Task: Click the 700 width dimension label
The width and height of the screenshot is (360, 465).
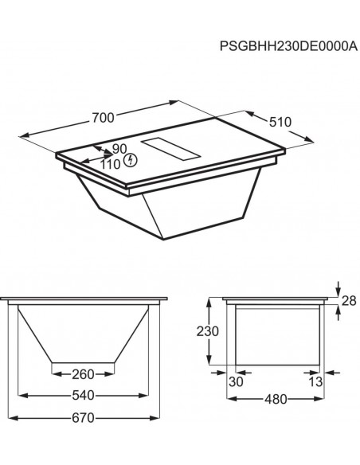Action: click(103, 117)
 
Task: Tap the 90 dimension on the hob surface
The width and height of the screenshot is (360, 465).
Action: click(119, 149)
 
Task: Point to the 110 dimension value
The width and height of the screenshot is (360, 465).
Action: click(110, 163)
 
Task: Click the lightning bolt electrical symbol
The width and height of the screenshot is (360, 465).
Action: click(131, 162)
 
